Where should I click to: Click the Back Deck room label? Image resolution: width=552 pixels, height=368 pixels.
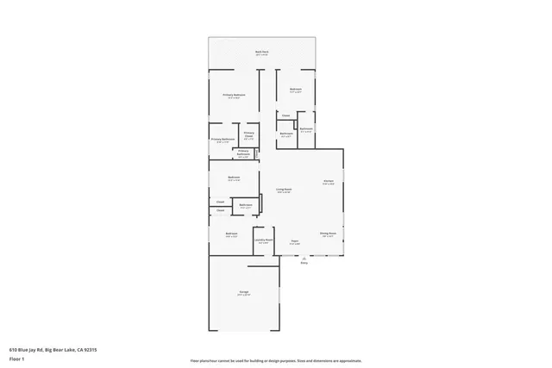pyautogui.click(x=261, y=51)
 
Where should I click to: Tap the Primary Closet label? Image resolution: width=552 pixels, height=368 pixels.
pyautogui.click(x=248, y=134)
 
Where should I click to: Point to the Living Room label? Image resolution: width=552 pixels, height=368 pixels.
pyautogui.click(x=284, y=189)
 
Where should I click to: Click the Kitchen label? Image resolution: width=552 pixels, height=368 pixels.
pyautogui.click(x=329, y=180)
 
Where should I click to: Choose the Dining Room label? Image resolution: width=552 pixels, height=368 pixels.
pyautogui.click(x=328, y=233)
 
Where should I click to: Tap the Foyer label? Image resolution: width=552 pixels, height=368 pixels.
pyautogui.click(x=294, y=240)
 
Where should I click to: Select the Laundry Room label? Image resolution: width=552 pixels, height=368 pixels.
pyautogui.click(x=263, y=240)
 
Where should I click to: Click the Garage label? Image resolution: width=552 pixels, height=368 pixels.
pyautogui.click(x=244, y=292)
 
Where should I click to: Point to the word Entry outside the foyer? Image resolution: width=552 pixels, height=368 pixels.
pyautogui.click(x=304, y=263)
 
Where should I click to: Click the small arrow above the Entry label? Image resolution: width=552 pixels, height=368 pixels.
pyautogui.click(x=304, y=258)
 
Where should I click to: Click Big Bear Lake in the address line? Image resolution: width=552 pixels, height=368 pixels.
pyautogui.click(x=59, y=350)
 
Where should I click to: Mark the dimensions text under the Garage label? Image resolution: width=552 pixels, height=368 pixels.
pyautogui.click(x=244, y=296)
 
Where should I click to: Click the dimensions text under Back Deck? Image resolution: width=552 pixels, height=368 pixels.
pyautogui.click(x=261, y=54)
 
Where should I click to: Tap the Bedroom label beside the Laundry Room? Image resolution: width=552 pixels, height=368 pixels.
pyautogui.click(x=231, y=234)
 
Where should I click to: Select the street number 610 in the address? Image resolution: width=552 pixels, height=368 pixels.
pyautogui.click(x=13, y=350)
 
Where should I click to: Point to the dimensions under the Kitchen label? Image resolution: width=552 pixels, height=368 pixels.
pyautogui.click(x=329, y=184)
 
